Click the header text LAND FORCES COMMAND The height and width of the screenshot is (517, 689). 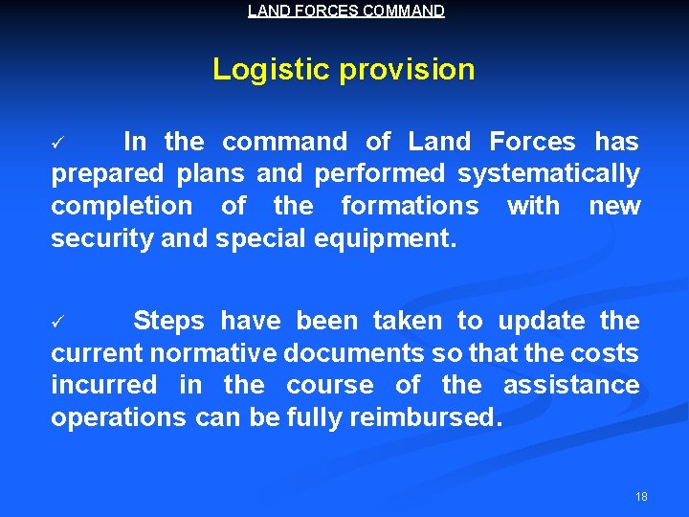coord(345,11)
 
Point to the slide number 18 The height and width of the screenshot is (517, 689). coord(641,497)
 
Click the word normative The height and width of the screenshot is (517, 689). coord(208,353)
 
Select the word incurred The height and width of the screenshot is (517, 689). coord(104,385)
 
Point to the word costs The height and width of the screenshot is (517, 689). coord(605,353)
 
